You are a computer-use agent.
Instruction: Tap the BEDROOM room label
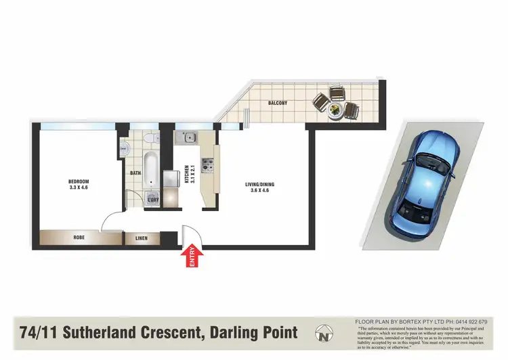(79, 181)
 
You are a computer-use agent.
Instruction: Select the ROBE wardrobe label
(79, 238)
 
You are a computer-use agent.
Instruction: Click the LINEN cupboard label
(141, 238)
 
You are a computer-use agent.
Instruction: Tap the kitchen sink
(184, 137)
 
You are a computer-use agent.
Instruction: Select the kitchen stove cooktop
(207, 164)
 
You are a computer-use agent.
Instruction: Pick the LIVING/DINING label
(259, 185)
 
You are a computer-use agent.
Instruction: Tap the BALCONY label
(278, 104)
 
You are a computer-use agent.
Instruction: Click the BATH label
(135, 173)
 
